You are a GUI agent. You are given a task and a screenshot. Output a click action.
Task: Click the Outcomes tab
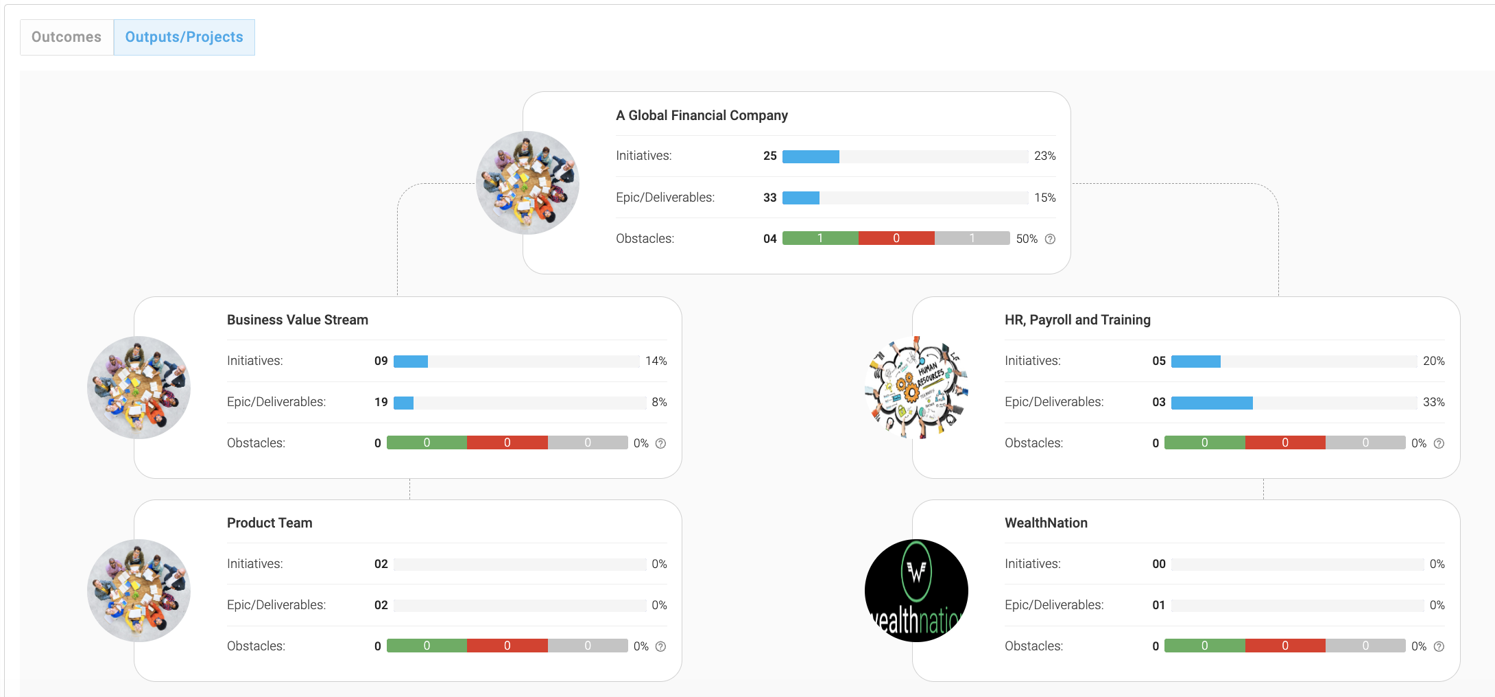[x=67, y=37]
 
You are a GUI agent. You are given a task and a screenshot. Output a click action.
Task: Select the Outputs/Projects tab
[x=184, y=37]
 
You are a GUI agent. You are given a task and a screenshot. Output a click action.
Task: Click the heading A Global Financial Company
[x=702, y=115]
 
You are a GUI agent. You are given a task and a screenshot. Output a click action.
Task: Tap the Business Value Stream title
[x=298, y=320]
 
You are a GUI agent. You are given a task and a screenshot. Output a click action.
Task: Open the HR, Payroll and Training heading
[x=1077, y=320]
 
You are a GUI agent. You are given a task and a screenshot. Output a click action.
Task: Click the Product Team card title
[x=270, y=523]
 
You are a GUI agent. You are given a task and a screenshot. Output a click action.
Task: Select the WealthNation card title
[x=1046, y=523]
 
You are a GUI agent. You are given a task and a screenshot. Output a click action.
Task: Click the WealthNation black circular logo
[x=916, y=591]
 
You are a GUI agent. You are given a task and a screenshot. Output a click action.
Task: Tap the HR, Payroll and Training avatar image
[x=916, y=388]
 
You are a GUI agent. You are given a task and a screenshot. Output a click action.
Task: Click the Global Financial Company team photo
[x=527, y=183]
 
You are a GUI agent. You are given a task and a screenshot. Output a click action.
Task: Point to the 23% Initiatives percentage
[x=1044, y=156]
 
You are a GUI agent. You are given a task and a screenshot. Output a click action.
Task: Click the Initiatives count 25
[x=770, y=156]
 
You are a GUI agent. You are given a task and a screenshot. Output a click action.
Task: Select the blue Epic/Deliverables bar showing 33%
[x=1212, y=403]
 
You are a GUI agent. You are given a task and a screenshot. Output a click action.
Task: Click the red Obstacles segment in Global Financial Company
[x=896, y=238]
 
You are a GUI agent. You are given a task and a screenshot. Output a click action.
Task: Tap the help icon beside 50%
[x=1050, y=239]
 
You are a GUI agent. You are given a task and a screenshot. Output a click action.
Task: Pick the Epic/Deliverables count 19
[x=381, y=402]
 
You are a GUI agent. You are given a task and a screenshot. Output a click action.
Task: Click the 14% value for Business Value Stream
[x=656, y=361]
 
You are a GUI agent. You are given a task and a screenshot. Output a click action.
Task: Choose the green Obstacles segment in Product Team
[x=427, y=646]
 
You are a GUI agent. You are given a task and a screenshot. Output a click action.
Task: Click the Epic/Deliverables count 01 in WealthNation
[x=1159, y=605]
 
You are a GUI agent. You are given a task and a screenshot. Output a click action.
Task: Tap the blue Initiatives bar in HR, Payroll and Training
[x=1196, y=362]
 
